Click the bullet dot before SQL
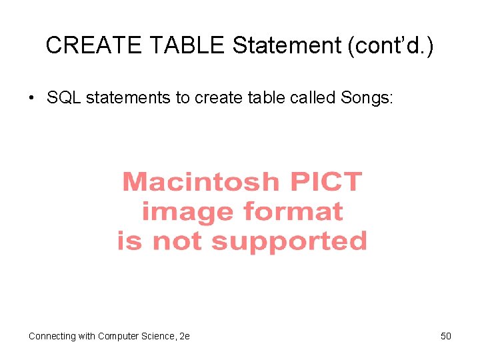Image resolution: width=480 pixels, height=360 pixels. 31,99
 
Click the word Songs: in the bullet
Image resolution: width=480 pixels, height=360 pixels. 367,99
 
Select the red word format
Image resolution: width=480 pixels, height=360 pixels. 293,211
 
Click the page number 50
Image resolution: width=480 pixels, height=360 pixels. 446,336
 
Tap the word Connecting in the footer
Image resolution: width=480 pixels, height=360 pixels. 51,336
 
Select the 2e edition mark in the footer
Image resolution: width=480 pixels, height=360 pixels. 185,336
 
